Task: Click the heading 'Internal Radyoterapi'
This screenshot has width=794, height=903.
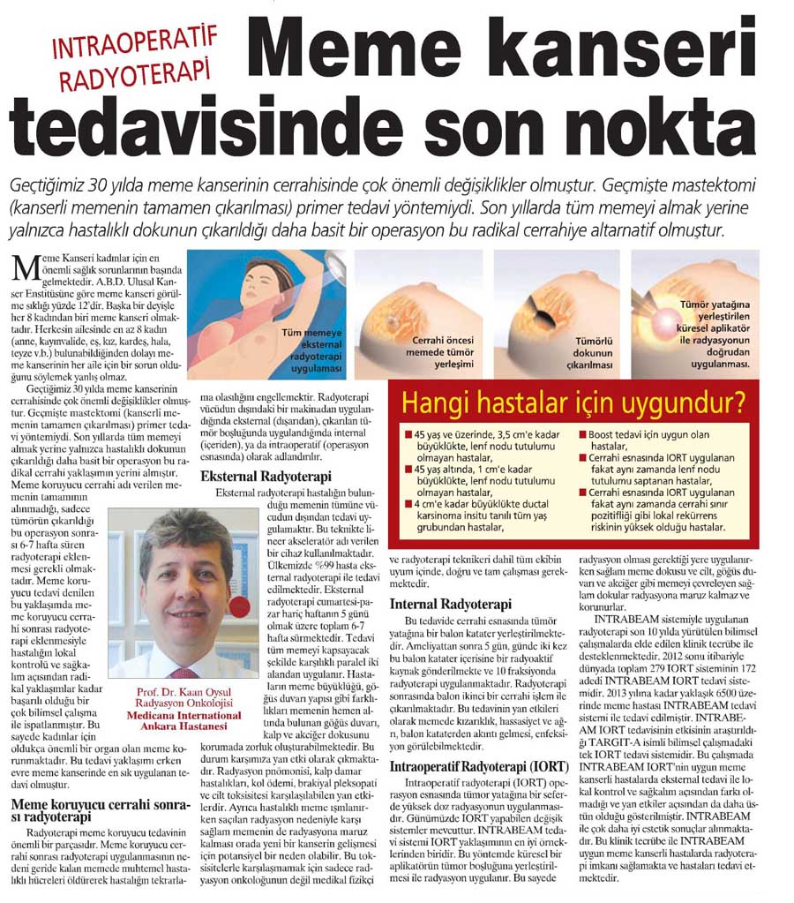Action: click(x=451, y=604)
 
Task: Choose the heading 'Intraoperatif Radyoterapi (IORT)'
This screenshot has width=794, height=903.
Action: click(x=473, y=767)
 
